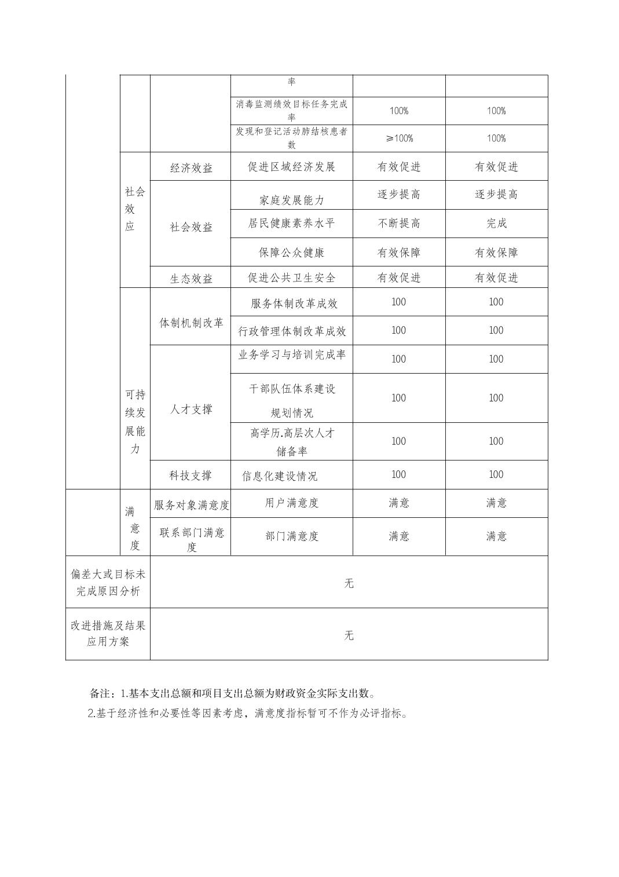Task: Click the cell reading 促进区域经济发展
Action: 291,167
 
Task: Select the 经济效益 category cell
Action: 191,168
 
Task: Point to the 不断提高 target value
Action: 399,224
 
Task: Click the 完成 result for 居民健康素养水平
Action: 496,224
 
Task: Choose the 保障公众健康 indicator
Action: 291,253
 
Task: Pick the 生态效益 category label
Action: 191,279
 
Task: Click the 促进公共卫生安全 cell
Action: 291,278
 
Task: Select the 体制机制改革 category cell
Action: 191,323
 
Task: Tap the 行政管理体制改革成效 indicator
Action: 292,331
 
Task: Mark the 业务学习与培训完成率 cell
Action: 292,355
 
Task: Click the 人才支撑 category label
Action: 191,410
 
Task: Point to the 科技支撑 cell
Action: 191,476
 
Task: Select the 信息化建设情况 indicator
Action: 280,476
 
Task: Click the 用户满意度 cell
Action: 291,503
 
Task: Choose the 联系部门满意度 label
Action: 192,539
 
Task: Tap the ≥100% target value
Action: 399,138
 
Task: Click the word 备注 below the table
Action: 101,693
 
